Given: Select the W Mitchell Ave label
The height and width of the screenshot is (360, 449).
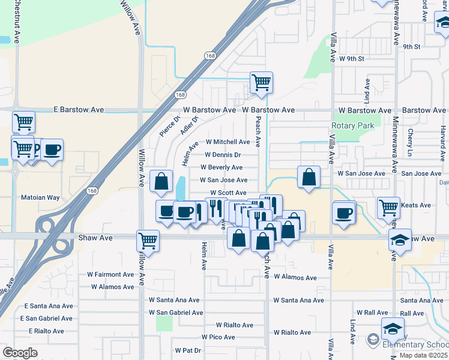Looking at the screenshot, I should [228, 142].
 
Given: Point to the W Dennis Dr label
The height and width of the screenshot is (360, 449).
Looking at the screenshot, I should [223, 155].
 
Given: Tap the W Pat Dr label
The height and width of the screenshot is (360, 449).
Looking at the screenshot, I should [188, 350].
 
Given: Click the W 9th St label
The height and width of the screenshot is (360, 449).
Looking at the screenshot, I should [351, 59].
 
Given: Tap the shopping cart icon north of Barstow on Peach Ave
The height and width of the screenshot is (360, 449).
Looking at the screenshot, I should [261, 82].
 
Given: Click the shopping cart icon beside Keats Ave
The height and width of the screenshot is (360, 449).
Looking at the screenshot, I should [388, 207].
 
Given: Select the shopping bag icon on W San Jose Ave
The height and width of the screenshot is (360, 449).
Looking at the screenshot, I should [309, 177].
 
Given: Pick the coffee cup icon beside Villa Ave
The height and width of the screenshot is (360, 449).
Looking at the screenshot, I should [344, 212].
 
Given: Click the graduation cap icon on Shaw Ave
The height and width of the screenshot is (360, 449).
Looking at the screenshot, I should [400, 239].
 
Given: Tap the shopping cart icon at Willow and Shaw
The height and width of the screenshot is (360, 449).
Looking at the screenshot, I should [148, 241].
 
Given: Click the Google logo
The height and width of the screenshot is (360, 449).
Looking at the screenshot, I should [20, 353].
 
